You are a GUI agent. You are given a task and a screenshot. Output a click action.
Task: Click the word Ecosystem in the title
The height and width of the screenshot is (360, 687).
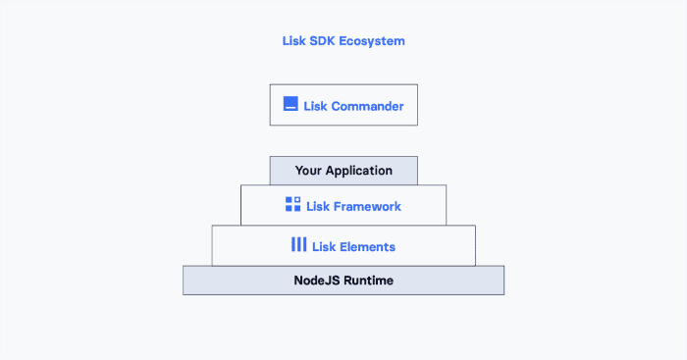373,41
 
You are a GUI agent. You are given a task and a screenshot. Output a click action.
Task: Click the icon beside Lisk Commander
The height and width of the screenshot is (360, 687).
291,104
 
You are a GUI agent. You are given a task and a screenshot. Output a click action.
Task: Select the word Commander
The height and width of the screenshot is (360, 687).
367,105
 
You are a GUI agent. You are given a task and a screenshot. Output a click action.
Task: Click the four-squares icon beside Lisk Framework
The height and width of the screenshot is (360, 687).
292,205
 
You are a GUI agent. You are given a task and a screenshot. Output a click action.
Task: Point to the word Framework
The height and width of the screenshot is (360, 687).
367,206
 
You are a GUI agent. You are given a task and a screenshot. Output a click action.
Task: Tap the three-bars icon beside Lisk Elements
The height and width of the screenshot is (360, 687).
298,245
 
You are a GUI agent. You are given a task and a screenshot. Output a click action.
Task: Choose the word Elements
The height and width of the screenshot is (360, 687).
368,246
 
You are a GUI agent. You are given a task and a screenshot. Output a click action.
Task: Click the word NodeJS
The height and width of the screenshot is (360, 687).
317,280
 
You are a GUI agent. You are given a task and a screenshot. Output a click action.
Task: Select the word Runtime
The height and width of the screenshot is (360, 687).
369,280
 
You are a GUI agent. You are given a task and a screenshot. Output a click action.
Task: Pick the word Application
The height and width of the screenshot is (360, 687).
358,171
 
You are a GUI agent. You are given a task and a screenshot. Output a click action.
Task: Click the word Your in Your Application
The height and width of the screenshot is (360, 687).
309,171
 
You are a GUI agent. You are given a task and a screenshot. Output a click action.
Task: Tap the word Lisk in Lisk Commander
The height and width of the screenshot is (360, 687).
316,105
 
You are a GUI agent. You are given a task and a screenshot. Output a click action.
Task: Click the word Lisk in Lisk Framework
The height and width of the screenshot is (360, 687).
318,206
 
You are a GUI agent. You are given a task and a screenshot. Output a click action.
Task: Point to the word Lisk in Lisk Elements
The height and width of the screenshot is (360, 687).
324,246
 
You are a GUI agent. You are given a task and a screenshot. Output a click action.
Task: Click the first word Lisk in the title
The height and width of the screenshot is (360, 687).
292,41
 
